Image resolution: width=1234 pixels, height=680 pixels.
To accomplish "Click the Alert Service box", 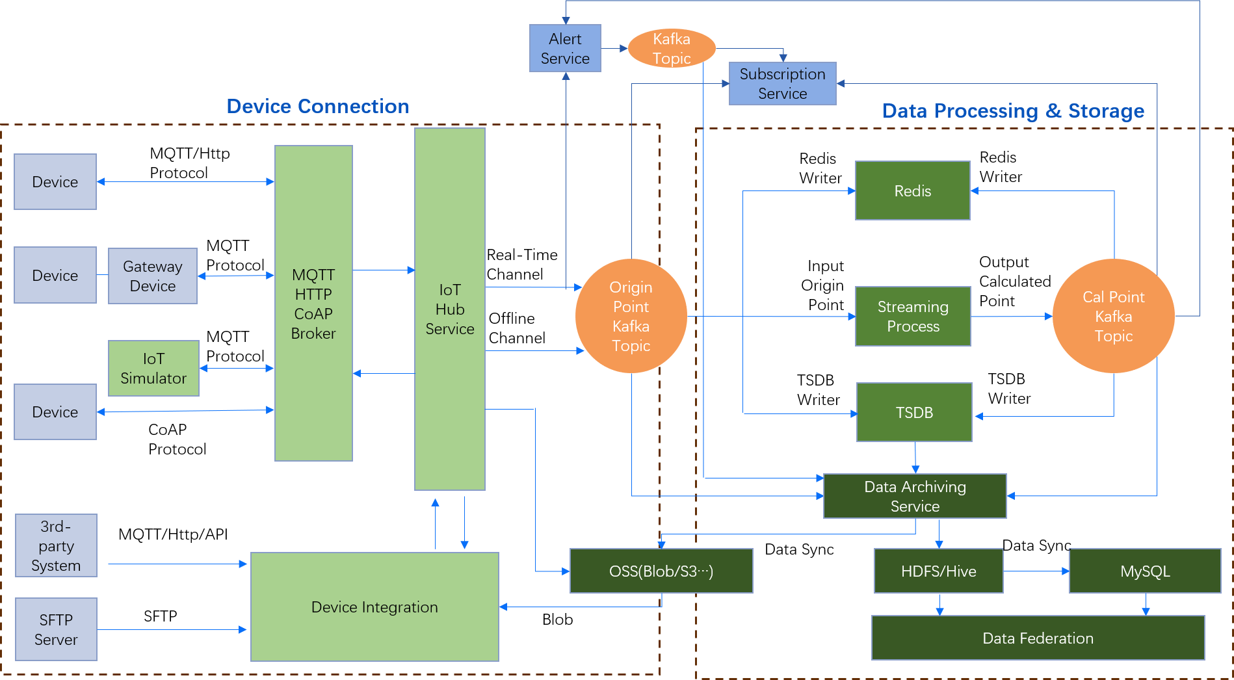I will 564,49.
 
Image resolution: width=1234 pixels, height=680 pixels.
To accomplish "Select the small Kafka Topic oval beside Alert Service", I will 672,48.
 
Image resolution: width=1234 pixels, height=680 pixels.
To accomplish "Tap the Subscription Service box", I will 782,84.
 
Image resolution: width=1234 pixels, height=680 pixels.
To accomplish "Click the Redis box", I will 912,191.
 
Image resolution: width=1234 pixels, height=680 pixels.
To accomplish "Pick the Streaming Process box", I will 912,317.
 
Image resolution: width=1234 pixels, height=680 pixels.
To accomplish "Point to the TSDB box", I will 914,413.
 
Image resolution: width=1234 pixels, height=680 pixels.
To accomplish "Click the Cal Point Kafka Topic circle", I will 1113,317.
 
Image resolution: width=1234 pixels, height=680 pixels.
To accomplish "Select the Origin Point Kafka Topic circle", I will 631,317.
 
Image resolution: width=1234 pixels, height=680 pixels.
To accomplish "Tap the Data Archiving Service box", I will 914,496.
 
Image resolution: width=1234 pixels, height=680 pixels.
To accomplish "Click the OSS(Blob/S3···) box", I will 661,571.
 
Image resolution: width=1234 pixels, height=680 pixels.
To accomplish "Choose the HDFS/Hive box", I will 938,571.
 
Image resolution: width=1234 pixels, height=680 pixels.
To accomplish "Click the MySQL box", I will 1144,571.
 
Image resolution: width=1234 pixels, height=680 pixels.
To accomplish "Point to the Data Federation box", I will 1038,638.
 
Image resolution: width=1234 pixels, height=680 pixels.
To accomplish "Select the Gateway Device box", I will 152,276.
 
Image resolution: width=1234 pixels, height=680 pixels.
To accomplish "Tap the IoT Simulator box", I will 153,369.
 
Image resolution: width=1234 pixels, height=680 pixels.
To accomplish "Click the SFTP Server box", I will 56,629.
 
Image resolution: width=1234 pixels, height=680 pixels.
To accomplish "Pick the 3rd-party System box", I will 56,546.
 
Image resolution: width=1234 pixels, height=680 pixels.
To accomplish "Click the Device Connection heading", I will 317,107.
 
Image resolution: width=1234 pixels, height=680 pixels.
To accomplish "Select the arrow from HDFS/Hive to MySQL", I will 1036,571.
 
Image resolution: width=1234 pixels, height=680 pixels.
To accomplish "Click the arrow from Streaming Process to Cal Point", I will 1011,317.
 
